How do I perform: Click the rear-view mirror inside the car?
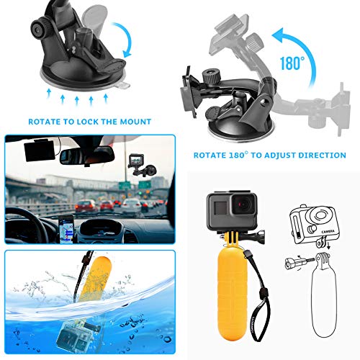86,155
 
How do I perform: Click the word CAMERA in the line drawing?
321,233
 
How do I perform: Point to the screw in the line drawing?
297,264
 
